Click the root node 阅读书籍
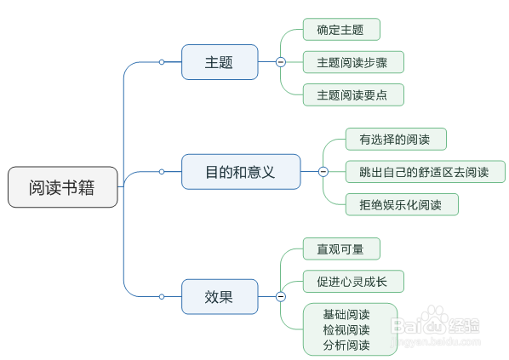63,187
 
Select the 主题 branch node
220,62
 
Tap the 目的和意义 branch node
241,172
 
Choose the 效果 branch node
220,296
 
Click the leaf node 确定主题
340,30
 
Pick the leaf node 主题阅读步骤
352,62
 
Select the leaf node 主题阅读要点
352,94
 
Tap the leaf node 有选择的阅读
395,139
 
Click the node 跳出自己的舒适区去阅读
425,172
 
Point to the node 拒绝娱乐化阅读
402,204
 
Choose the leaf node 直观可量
340,249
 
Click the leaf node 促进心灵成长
352,282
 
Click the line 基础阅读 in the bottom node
346,314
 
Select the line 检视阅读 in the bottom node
346,329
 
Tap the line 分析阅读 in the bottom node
346,345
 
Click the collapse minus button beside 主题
280,62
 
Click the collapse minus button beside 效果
280,296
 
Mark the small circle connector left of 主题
162,62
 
